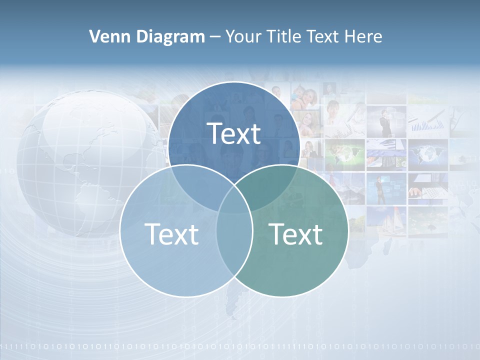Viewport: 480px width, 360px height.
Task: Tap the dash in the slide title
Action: pyautogui.click(x=215, y=37)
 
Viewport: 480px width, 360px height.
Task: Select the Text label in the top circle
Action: pyautogui.click(x=234, y=133)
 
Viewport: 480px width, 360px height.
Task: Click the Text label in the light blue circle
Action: pyautogui.click(x=171, y=234)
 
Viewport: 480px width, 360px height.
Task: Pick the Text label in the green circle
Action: pyautogui.click(x=296, y=234)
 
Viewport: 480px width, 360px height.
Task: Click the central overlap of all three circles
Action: pyautogui.click(x=234, y=200)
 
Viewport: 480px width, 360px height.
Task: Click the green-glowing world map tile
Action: pyautogui.click(x=345, y=152)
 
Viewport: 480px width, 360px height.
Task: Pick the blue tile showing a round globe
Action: pyautogui.click(x=427, y=152)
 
